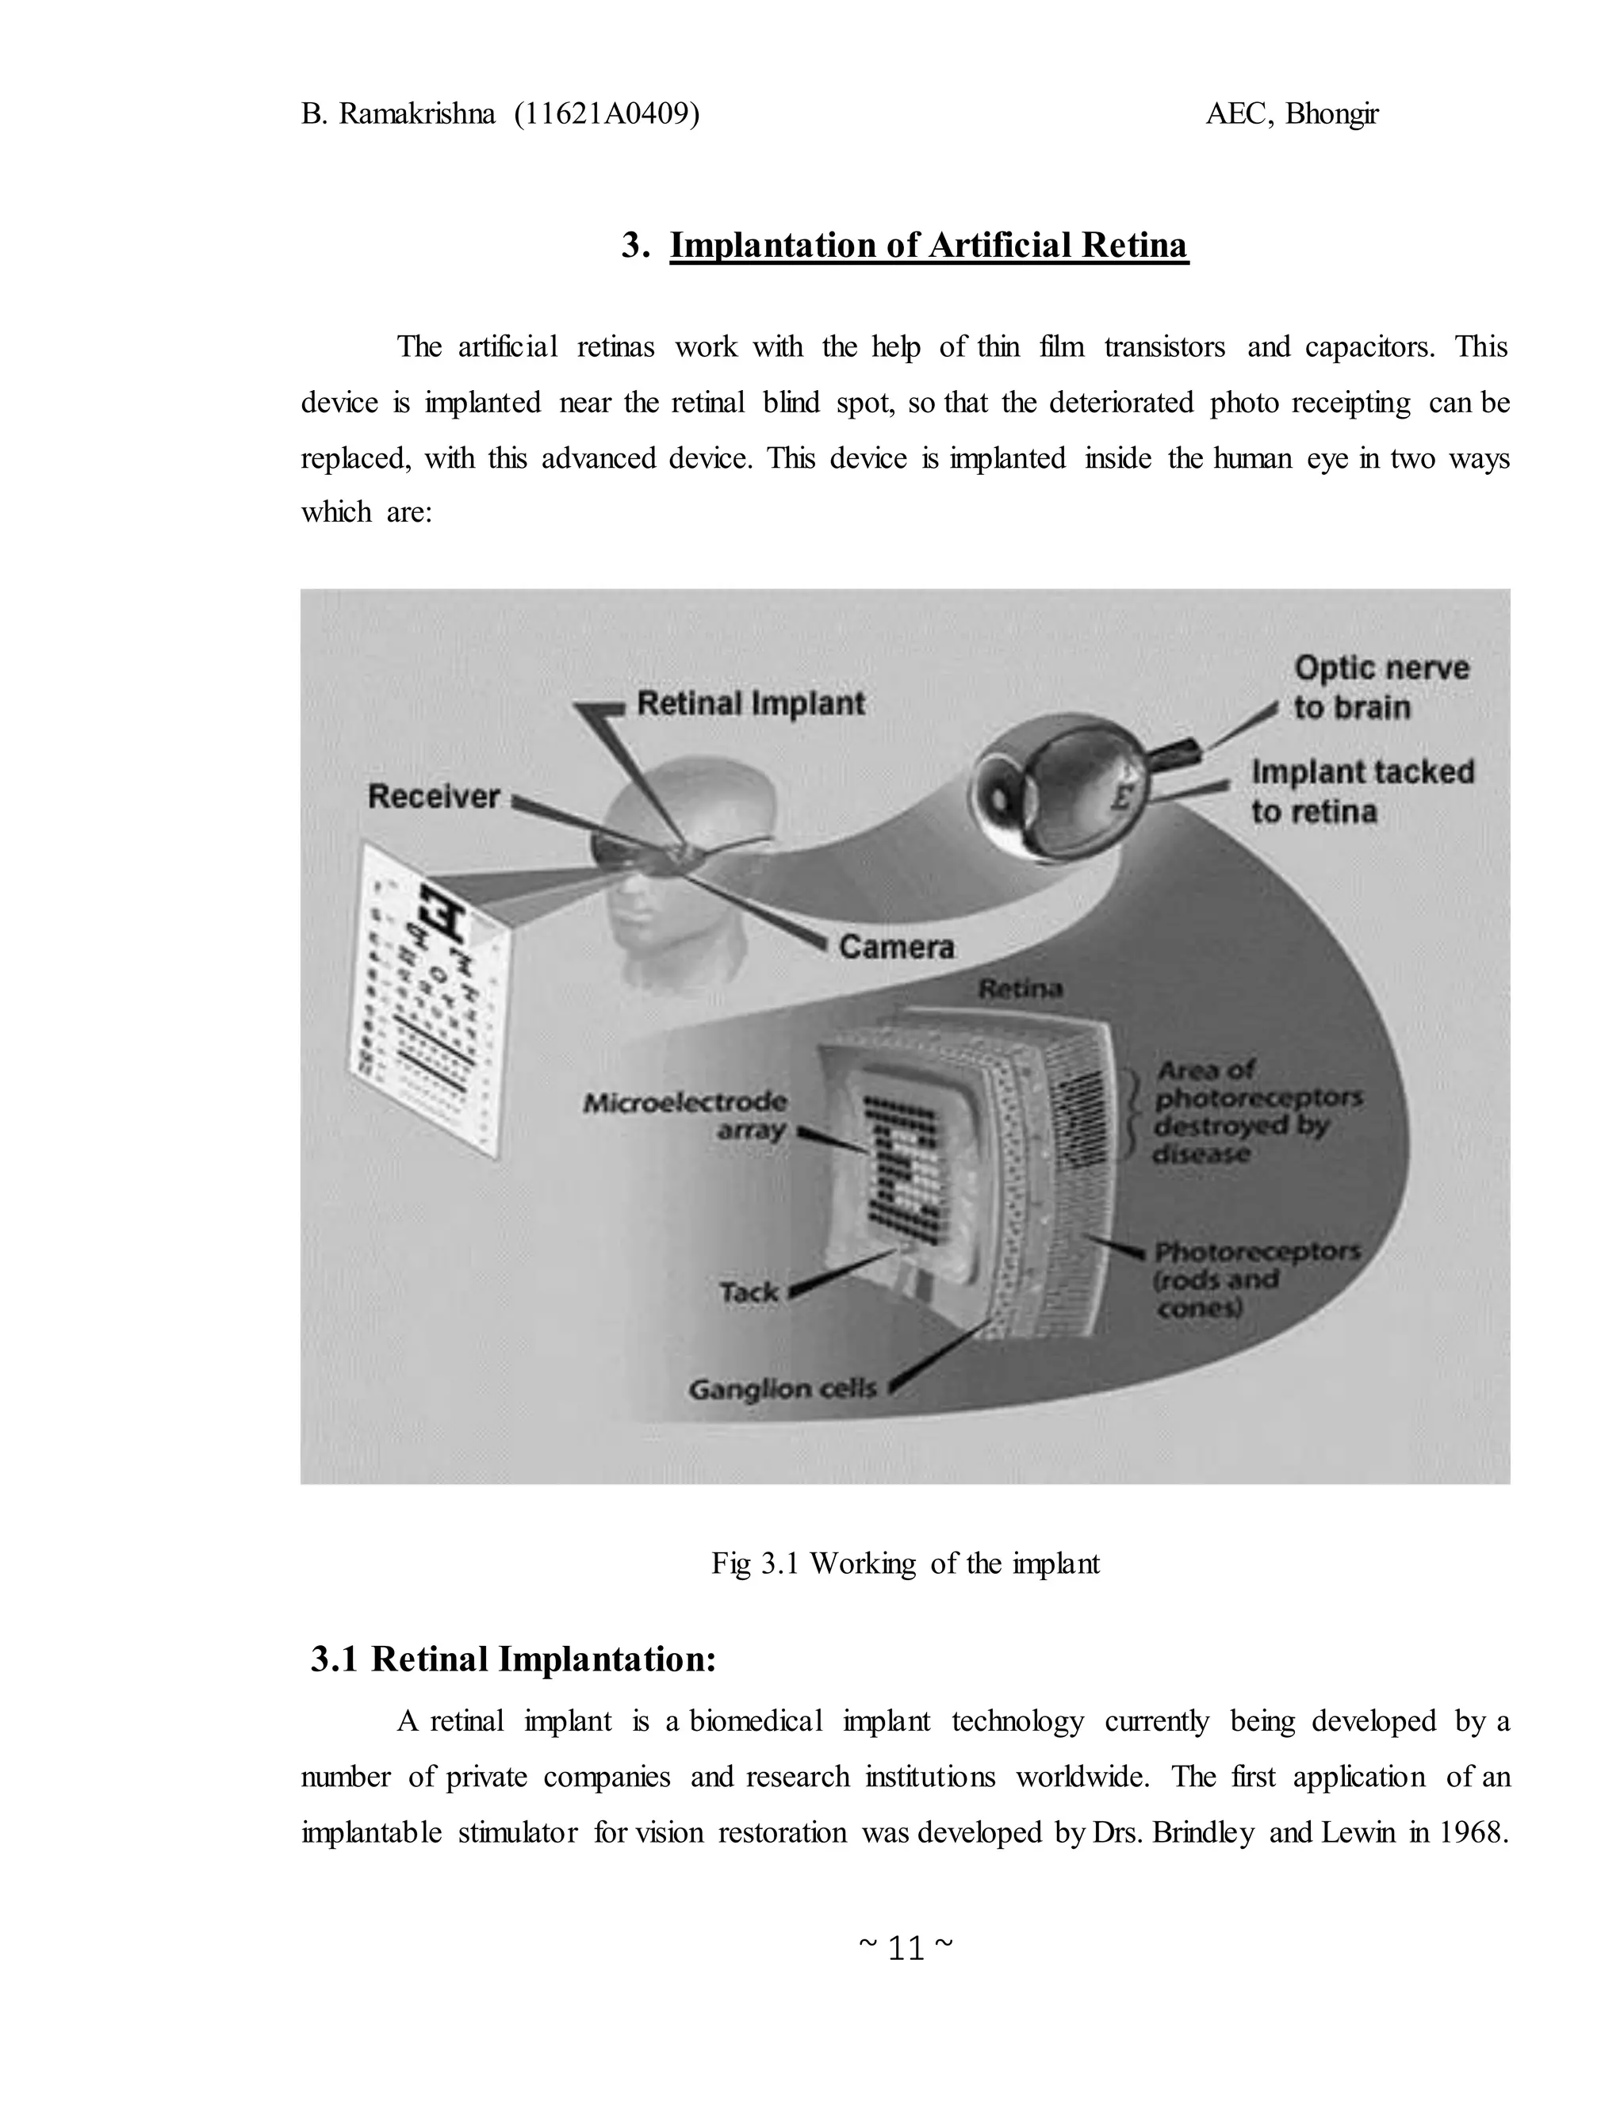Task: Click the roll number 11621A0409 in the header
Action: coord(606,114)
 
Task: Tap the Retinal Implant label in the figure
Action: coord(750,703)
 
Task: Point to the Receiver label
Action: coord(434,797)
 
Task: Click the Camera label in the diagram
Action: coord(897,947)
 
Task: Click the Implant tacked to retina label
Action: coord(1362,790)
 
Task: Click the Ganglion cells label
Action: coord(782,1389)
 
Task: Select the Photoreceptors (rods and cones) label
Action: coord(1255,1280)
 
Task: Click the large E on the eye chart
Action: coord(442,914)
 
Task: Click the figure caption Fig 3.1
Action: coord(904,1563)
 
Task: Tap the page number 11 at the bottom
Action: coord(906,1948)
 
